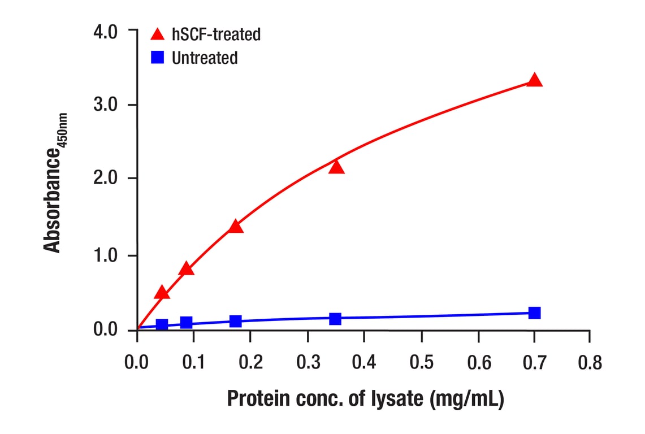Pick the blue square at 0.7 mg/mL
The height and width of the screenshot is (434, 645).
tap(534, 313)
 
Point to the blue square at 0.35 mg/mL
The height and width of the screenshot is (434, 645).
tap(335, 319)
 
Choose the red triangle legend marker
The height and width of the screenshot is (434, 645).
tap(158, 34)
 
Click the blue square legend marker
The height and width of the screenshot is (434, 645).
tap(158, 57)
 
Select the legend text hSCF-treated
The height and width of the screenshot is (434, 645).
tap(216, 34)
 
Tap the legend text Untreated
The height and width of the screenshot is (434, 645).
tap(205, 58)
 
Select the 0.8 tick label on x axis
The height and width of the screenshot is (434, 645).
tap(589, 362)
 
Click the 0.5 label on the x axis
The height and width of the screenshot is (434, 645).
tap(421, 362)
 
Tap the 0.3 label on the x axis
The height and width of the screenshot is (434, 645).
tap(308, 362)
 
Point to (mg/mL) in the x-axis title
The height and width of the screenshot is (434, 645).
tap(466, 400)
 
